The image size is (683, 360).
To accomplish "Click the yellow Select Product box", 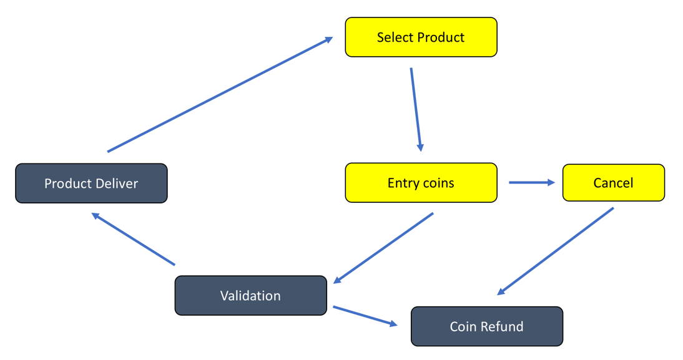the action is click(x=421, y=37).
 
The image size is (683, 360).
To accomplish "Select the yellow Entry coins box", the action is click(x=421, y=183).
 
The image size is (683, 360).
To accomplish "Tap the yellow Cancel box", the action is click(x=613, y=183).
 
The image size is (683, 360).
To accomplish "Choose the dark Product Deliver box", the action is click(x=91, y=183).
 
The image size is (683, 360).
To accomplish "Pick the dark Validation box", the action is click(x=250, y=296).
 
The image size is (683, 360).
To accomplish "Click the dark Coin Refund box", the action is click(x=486, y=326).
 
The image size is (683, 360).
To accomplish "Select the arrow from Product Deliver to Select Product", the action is click(x=220, y=94).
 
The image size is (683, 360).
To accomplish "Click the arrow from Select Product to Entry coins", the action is click(x=416, y=110).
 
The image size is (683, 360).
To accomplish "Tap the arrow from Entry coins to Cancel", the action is click(x=532, y=182).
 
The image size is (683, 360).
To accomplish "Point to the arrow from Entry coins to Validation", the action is click(x=383, y=248).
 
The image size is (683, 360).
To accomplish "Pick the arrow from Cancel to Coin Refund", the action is click(x=556, y=251).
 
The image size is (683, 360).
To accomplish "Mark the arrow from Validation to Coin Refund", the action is click(x=365, y=316).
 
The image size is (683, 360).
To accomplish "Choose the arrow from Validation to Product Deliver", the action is click(x=133, y=238).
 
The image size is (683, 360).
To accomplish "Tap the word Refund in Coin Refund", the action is click(x=504, y=326).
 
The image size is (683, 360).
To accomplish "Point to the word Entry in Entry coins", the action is click(x=402, y=183).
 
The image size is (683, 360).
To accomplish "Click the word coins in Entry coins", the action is click(x=437, y=183).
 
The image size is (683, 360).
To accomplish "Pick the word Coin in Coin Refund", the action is click(x=464, y=326).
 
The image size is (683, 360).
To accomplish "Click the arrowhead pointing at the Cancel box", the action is click(x=551, y=182).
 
